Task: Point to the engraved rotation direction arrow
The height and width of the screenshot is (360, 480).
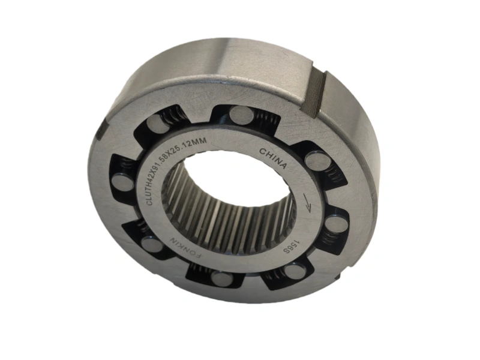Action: coord(307,202)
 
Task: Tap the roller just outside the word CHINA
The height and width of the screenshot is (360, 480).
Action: coord(316,160)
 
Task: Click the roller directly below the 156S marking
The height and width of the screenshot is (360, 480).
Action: coord(294,271)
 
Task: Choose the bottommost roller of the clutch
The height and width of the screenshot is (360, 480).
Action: coord(223,278)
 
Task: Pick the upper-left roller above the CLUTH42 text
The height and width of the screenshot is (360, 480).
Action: coord(158,124)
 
